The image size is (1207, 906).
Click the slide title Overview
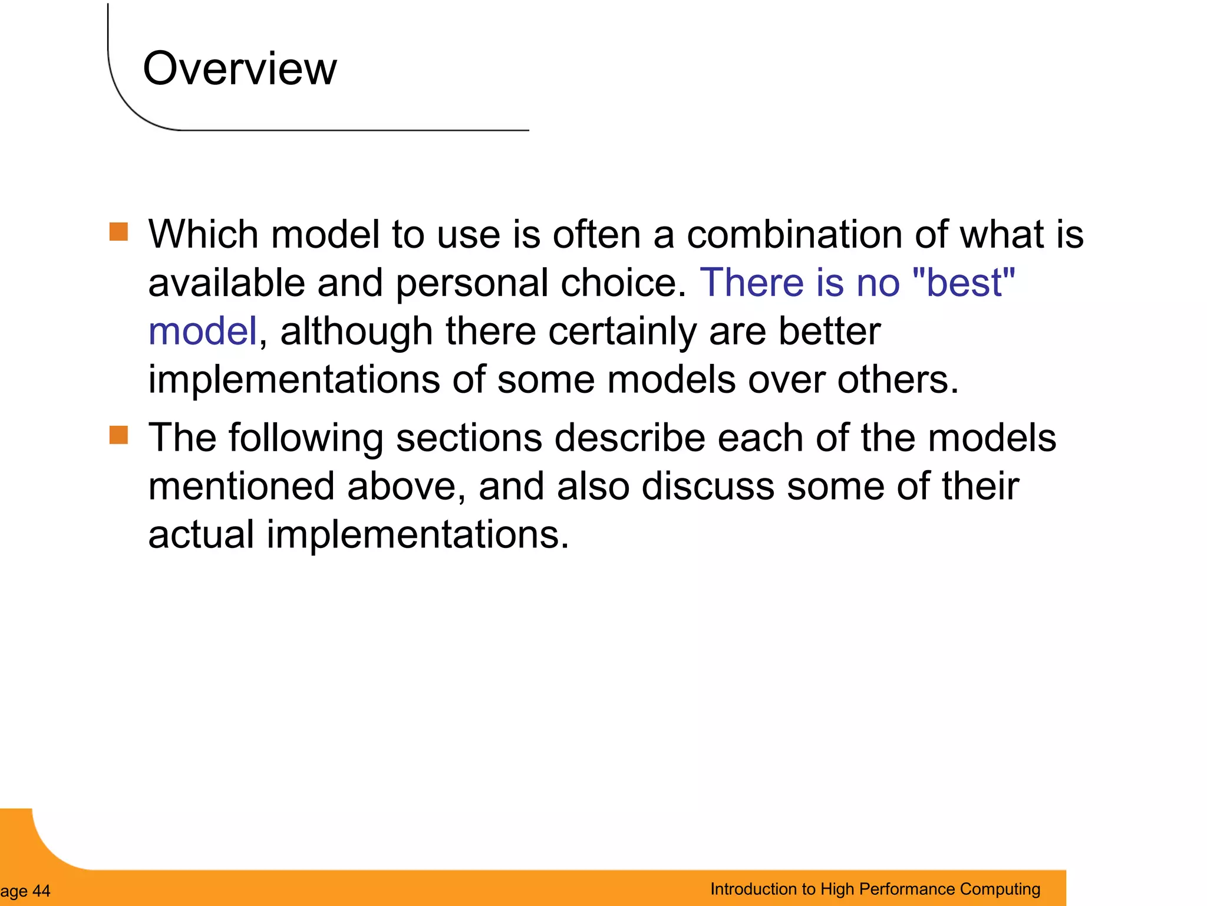coord(239,68)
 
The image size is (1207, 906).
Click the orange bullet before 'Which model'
coord(118,232)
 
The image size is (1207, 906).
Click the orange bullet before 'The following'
coord(118,435)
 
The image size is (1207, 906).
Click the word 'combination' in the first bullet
coord(794,234)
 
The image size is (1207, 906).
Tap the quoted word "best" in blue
coord(963,283)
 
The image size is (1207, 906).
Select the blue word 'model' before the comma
coord(202,331)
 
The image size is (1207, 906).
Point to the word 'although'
coord(356,331)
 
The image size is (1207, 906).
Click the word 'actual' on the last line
coord(201,534)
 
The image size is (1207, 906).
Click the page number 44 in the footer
coord(41,891)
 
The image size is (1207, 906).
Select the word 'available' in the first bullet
coord(226,283)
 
